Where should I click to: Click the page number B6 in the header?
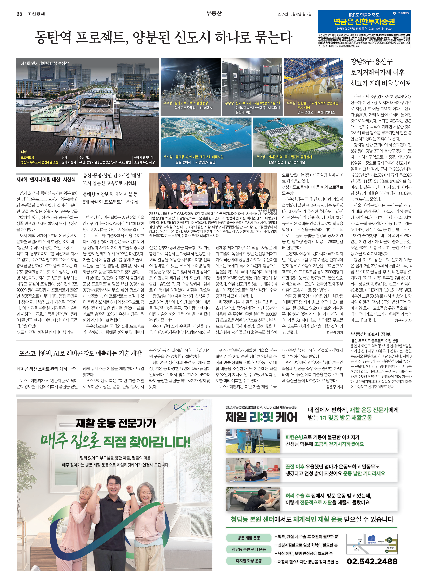19,14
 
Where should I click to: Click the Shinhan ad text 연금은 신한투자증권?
364,21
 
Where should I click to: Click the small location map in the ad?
372,544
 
